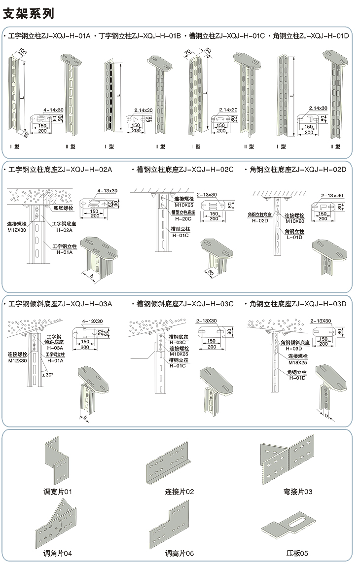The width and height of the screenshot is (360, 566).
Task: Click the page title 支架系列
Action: [29, 13]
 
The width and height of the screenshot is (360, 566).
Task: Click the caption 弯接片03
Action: [298, 492]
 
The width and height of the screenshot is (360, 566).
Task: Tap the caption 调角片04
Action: [58, 554]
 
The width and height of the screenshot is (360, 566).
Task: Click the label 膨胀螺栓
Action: [63, 208]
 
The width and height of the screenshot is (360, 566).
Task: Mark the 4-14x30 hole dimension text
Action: [54, 109]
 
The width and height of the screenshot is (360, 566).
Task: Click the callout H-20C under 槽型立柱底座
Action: [183, 218]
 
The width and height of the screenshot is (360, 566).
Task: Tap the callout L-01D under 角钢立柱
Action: [296, 238]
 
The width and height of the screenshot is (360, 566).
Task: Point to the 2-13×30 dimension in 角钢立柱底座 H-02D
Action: [332, 195]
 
